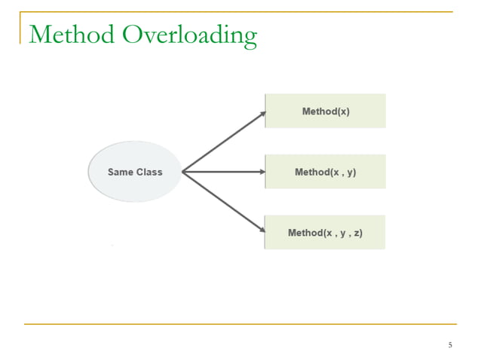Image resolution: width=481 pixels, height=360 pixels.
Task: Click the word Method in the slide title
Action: pos(72,35)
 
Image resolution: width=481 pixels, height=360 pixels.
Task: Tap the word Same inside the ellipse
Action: pos(121,172)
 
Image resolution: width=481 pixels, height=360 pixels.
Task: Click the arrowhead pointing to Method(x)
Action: pos(262,114)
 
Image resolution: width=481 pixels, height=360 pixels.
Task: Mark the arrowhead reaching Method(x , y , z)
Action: pos(262,230)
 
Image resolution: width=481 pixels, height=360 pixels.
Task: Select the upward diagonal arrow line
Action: pos(222,142)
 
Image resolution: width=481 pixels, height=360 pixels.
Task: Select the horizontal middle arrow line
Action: pos(222,172)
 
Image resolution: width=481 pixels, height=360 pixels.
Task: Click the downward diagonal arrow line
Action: pos(222,201)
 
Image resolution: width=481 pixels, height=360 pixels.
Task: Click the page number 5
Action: pos(450,345)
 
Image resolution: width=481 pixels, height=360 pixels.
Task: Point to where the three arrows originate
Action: pos(183,172)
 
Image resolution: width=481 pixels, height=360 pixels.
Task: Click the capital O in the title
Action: pos(133,35)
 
